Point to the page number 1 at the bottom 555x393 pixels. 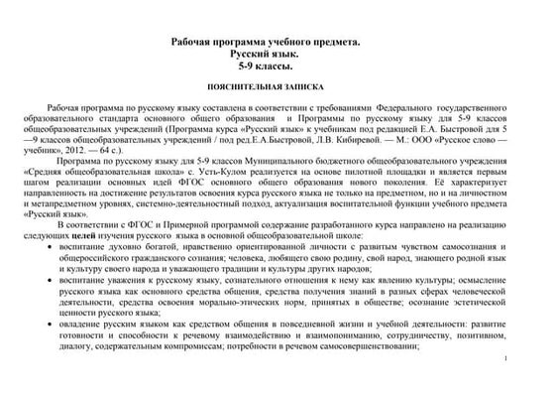[x=504, y=358]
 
